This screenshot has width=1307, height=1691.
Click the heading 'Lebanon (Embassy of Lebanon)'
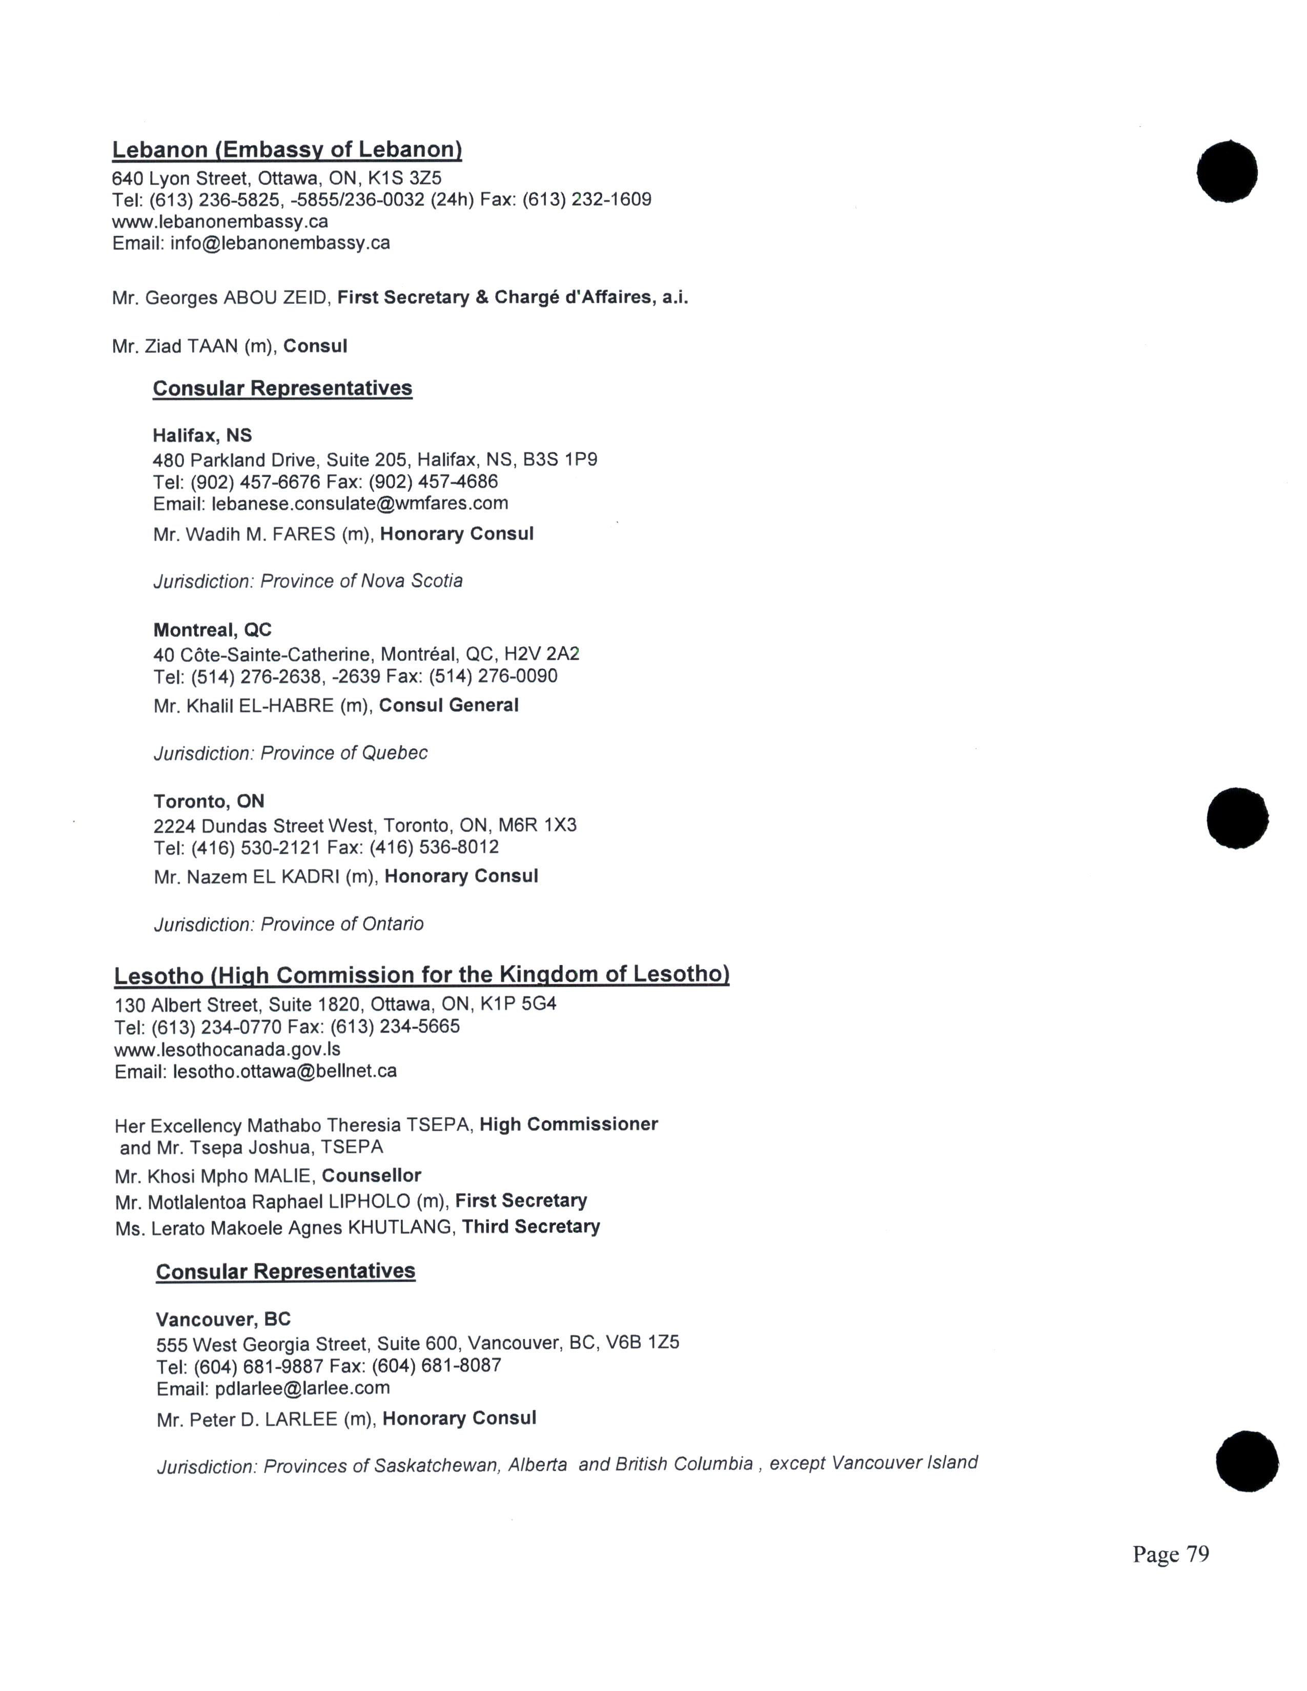tap(287, 150)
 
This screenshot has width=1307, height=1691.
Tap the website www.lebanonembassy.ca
tap(220, 221)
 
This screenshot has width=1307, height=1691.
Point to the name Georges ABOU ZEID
tap(236, 297)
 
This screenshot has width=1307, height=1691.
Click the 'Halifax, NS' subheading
tap(202, 435)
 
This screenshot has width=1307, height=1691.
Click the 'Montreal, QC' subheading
tap(212, 629)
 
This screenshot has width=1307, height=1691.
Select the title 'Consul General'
tap(448, 706)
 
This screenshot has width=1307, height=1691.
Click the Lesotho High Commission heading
tap(421, 975)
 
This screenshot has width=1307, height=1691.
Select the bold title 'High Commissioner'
tap(568, 1124)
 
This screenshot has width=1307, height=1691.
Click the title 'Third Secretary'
tap(530, 1226)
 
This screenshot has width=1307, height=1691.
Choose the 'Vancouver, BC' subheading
tap(223, 1319)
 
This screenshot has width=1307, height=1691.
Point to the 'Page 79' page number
tap(1170, 1554)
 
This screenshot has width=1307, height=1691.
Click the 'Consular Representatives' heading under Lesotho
tap(285, 1271)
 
